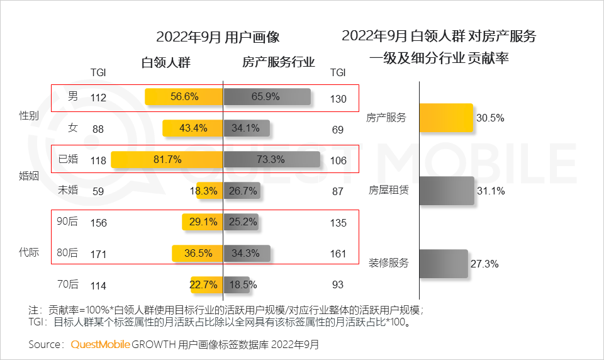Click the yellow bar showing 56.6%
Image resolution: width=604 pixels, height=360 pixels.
[184, 97]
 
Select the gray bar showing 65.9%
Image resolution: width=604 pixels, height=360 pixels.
[267, 97]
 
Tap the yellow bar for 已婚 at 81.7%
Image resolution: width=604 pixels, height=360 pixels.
[167, 159]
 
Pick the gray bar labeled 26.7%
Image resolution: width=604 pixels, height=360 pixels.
[246, 190]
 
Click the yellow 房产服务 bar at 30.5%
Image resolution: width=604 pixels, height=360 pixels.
[445, 118]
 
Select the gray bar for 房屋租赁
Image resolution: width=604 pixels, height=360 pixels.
[447, 191]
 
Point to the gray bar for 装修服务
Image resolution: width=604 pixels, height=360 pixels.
[444, 264]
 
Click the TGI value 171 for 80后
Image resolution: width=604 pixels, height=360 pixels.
[99, 254]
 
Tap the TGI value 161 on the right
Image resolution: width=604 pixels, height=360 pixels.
[338, 254]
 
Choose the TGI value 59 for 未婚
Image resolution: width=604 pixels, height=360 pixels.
[99, 191]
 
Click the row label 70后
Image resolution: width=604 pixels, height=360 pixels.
[67, 284]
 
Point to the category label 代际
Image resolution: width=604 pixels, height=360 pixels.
[29, 253]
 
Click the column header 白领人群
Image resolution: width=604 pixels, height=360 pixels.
[165, 63]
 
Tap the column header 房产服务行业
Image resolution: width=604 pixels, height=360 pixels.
[279, 63]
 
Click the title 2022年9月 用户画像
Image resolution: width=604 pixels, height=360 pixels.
[218, 36]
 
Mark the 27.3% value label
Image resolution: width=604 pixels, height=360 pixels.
[484, 264]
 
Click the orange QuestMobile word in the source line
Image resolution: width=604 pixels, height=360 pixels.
[100, 344]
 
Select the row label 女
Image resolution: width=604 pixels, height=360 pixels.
[73, 128]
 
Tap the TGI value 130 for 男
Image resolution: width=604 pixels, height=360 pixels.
[338, 98]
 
